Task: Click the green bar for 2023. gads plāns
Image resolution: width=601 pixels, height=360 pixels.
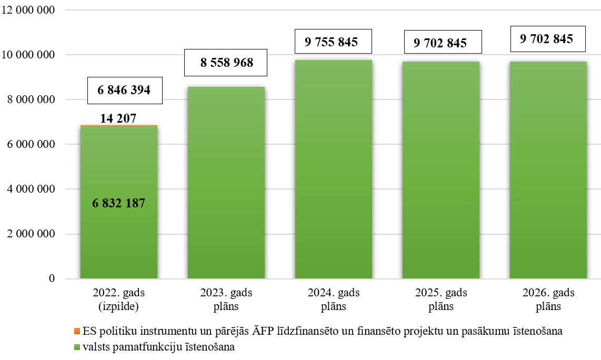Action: [x=226, y=183]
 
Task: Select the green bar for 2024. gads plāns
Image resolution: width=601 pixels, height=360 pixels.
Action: [x=333, y=169]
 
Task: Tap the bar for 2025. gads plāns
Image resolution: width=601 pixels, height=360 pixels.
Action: [x=440, y=170]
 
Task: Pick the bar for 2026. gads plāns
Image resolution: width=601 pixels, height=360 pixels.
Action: [x=548, y=170]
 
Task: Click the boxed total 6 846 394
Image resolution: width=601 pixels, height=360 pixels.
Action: [x=124, y=90]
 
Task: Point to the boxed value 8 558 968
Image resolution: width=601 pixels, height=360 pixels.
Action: [x=226, y=63]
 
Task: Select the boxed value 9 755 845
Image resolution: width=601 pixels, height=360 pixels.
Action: [x=333, y=42]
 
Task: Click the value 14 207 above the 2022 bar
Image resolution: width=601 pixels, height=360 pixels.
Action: [x=118, y=118]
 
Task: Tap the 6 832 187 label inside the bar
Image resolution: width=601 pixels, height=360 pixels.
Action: [x=118, y=203]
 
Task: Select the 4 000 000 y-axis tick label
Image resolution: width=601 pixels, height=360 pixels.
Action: [x=30, y=189]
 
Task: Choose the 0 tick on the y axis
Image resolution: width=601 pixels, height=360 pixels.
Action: [x=52, y=278]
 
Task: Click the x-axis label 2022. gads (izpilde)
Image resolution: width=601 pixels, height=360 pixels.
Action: [x=118, y=299]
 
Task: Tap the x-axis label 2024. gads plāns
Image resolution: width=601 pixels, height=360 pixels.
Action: [x=333, y=299]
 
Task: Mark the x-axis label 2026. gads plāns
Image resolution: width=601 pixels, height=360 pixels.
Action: [x=548, y=299]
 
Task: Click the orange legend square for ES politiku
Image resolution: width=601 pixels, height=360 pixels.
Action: [x=77, y=332]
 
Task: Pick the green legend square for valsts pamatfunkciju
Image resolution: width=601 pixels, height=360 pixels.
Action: [x=77, y=347]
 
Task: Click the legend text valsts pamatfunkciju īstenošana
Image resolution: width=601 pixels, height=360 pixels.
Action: [x=158, y=347]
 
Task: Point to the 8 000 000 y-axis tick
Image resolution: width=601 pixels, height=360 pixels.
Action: [x=30, y=99]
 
